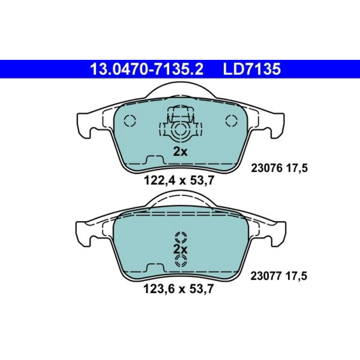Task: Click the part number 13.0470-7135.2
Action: (x=147, y=69)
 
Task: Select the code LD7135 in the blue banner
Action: (x=252, y=69)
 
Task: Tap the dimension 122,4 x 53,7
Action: (x=179, y=180)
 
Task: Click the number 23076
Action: (x=266, y=168)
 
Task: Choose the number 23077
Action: (x=266, y=276)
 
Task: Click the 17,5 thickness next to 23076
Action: (x=296, y=169)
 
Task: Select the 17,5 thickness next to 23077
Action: (x=296, y=276)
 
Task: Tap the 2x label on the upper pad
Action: (x=180, y=151)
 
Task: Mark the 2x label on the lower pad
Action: (x=180, y=249)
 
